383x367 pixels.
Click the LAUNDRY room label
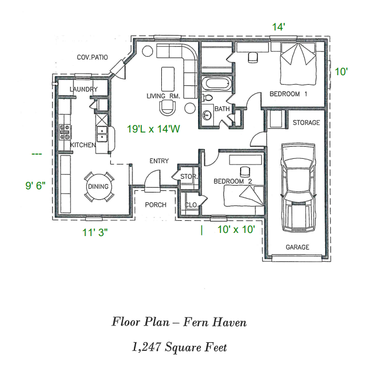(84, 90)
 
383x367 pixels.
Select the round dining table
(98, 187)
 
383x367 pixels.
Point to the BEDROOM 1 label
(288, 94)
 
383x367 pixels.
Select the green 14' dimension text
(278, 27)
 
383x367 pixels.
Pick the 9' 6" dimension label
(36, 186)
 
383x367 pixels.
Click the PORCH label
(156, 205)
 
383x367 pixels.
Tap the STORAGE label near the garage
(306, 123)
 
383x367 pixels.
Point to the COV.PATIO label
(92, 57)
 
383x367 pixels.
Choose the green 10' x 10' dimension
(236, 229)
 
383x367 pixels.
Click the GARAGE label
(297, 247)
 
